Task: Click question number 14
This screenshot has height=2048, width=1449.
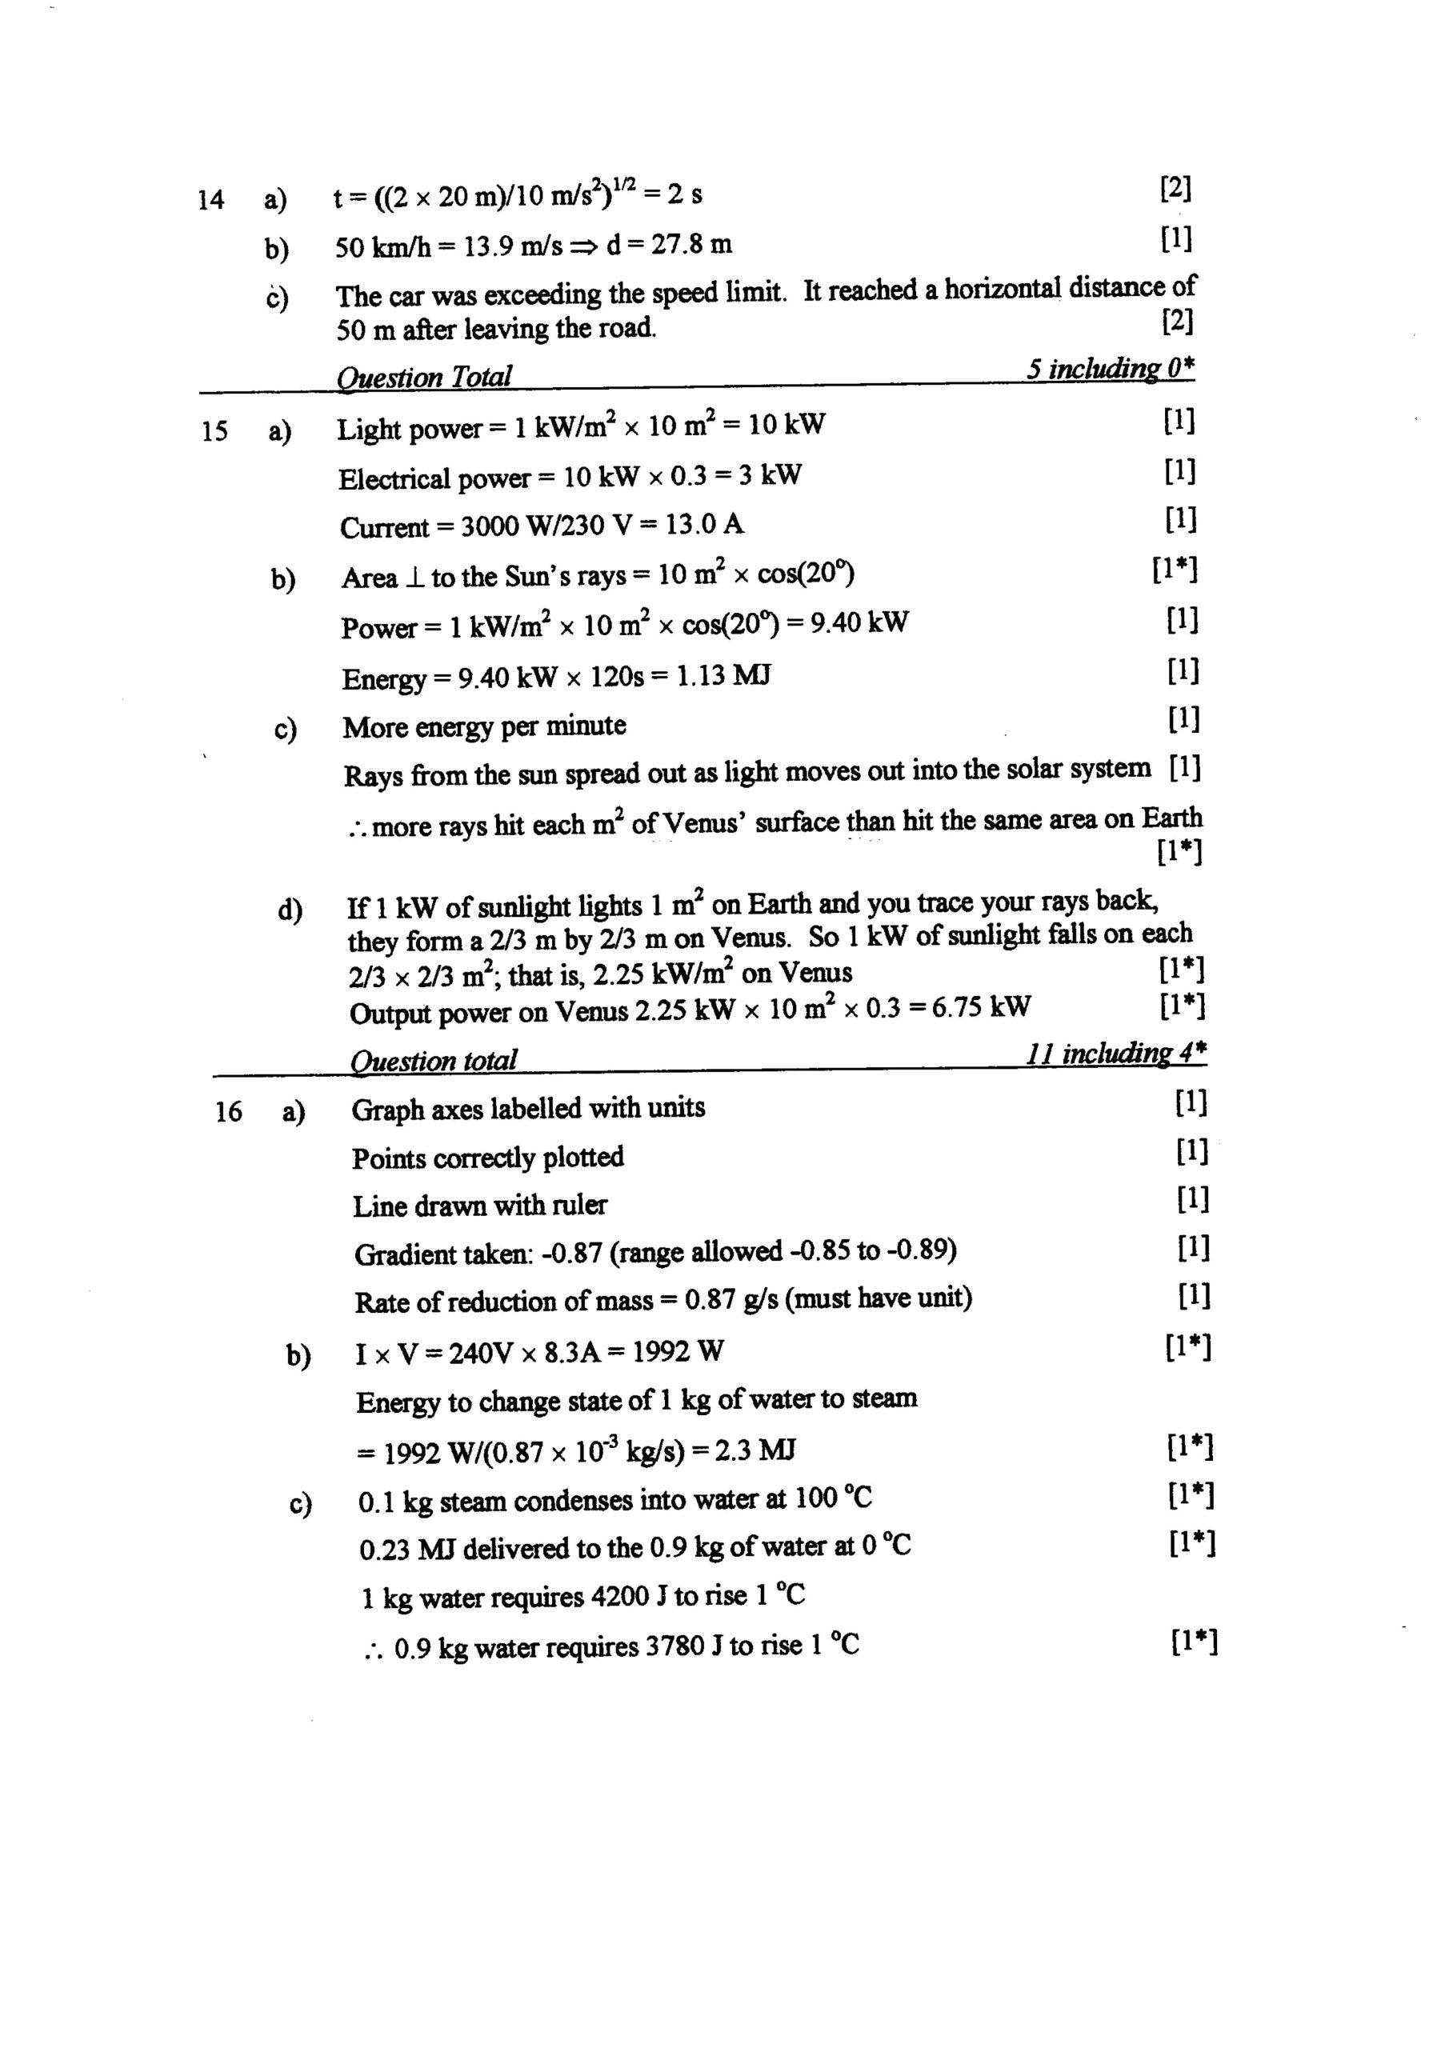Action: pyautogui.click(x=210, y=199)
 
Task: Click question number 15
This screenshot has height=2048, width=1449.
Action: pyautogui.click(x=214, y=432)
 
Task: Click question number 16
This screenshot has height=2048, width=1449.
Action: pyautogui.click(x=228, y=1111)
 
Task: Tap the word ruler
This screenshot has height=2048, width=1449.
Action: pyautogui.click(x=580, y=1206)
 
